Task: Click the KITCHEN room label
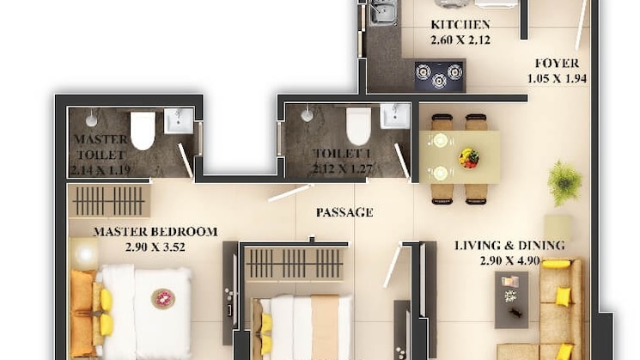click(x=460, y=24)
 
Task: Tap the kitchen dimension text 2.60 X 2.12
click(x=460, y=39)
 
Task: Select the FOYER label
click(x=557, y=63)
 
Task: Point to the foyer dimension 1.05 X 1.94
click(x=556, y=78)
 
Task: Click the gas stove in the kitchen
click(x=439, y=75)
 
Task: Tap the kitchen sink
click(x=382, y=12)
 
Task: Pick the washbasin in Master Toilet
click(x=179, y=121)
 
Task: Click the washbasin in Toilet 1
click(x=395, y=116)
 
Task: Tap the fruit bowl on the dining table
click(x=469, y=158)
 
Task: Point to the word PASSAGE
click(x=344, y=211)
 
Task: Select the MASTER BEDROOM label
click(x=155, y=231)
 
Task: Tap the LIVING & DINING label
click(x=510, y=246)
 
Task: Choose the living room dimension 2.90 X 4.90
click(x=510, y=261)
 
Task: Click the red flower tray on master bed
click(x=163, y=298)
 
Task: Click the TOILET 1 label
click(x=319, y=153)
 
